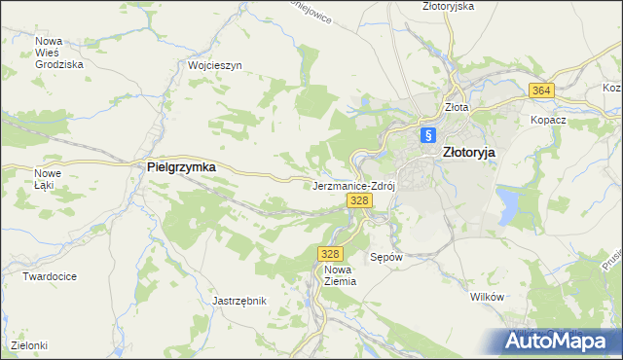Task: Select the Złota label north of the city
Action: [x=456, y=107]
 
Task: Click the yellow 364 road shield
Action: [x=542, y=90]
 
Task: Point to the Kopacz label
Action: [x=548, y=120]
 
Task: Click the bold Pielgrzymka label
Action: [x=181, y=166]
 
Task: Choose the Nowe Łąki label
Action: [x=48, y=179]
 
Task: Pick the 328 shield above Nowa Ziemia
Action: [x=328, y=253]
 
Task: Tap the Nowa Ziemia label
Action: [x=339, y=274]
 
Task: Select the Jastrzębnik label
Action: [x=238, y=301]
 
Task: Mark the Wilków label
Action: [x=485, y=296]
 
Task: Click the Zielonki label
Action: [x=29, y=345]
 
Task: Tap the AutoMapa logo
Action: [x=558, y=340]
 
